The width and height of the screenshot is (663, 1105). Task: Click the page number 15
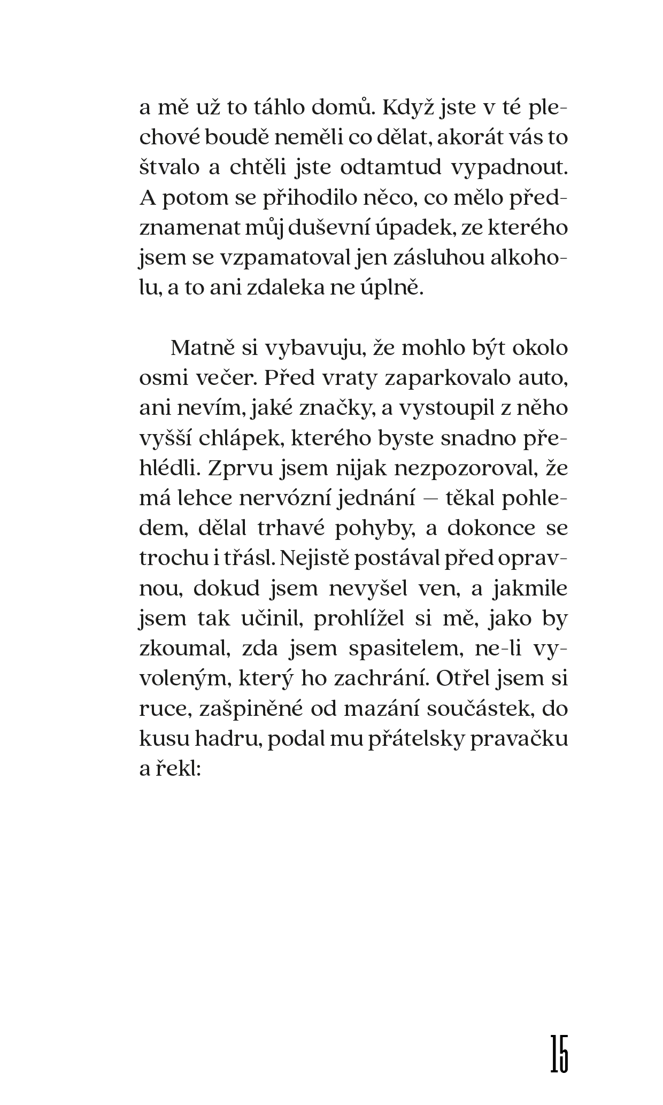point(559,1053)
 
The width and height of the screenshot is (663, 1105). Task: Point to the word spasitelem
point(406,648)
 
